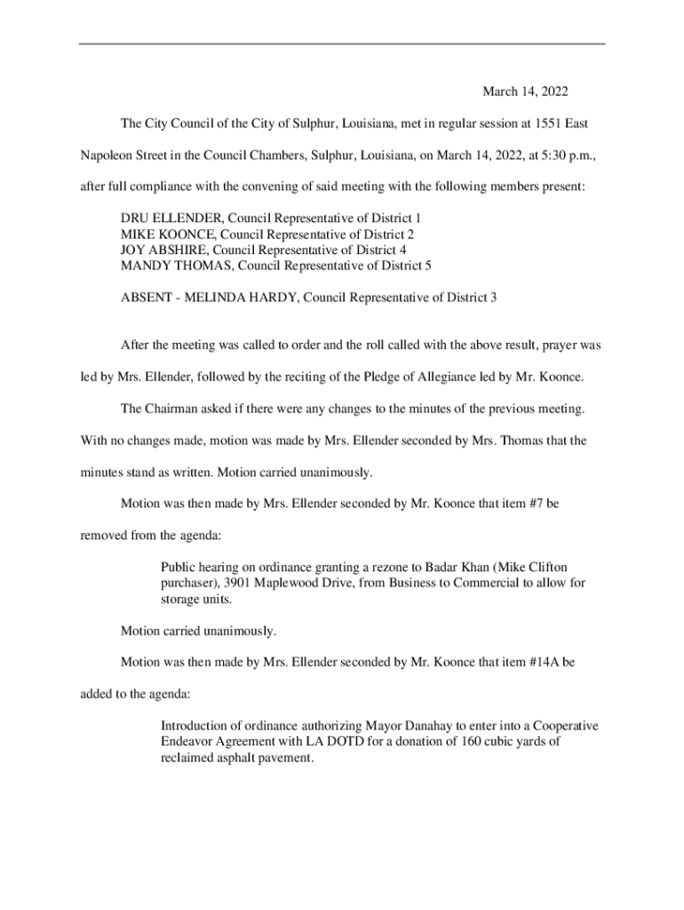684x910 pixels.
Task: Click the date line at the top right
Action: coord(524,92)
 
